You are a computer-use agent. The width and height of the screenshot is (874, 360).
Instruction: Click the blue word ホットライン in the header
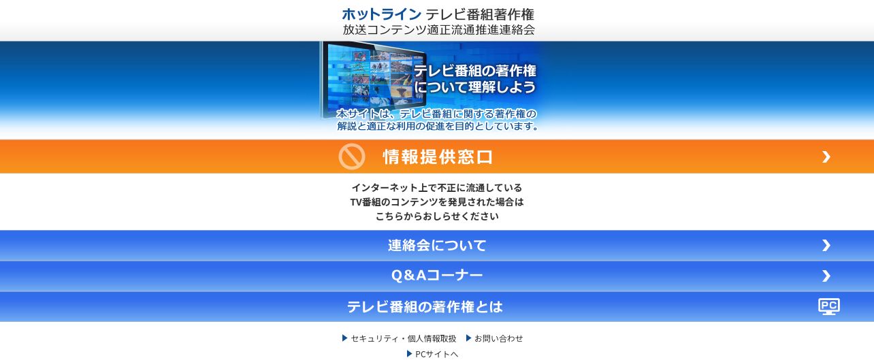[381, 14]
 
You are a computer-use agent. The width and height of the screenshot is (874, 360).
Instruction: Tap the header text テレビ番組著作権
[479, 14]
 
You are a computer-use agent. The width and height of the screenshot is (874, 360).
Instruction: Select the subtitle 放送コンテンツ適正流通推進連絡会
[438, 30]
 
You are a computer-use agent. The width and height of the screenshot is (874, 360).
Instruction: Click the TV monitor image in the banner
[372, 80]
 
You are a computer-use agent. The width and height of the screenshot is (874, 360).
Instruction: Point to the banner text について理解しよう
[475, 86]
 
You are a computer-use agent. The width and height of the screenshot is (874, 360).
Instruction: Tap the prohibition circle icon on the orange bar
[351, 157]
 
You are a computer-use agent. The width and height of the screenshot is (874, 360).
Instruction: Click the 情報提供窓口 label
[438, 157]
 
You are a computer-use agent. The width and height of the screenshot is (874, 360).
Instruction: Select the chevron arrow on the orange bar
[826, 157]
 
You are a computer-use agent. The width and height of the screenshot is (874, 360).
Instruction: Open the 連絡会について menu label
[437, 245]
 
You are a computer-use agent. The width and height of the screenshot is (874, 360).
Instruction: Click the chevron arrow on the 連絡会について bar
[826, 245]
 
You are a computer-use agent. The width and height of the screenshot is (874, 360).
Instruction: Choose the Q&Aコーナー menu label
[437, 276]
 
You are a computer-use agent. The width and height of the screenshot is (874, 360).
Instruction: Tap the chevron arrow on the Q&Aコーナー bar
[826, 276]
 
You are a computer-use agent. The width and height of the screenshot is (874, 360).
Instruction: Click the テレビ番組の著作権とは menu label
[425, 306]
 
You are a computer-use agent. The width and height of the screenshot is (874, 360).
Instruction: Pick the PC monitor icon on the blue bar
[829, 306]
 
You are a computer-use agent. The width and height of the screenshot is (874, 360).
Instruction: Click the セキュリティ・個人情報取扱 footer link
[404, 338]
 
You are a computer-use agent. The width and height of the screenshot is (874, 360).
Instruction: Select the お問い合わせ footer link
[499, 338]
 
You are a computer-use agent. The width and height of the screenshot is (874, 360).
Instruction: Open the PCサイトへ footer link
[436, 354]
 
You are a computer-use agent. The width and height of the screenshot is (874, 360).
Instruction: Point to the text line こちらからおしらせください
[437, 216]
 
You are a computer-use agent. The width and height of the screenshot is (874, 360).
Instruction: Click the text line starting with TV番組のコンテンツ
[437, 202]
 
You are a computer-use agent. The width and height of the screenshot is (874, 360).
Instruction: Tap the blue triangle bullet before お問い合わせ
[468, 338]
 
